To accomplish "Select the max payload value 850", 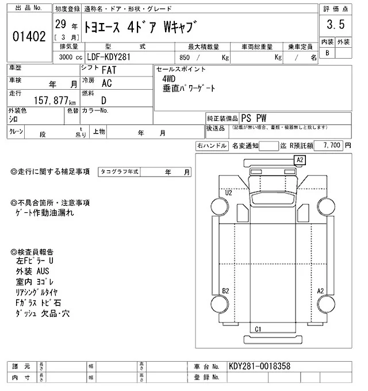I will tap(185, 57).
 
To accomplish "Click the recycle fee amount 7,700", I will tap(332, 146).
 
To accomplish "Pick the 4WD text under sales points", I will tap(170, 79).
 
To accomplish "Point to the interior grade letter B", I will tap(328, 53).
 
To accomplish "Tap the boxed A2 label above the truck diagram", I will tap(300, 159).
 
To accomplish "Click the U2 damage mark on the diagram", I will tap(228, 193).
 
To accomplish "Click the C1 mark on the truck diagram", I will tap(258, 329).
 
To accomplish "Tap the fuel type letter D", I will tap(103, 99).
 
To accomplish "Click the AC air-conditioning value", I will tap(106, 83).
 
